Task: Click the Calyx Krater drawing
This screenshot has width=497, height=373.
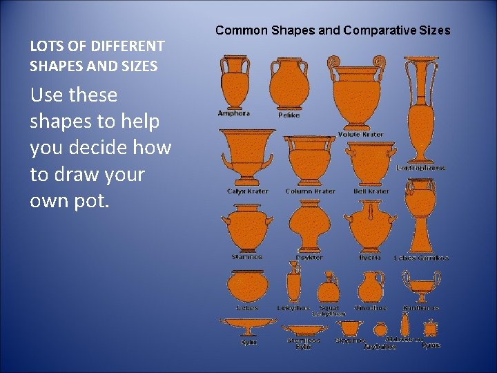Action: [x=246, y=159]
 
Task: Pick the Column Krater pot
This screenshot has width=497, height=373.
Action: [x=310, y=161]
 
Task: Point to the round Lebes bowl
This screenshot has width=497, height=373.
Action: [x=246, y=285]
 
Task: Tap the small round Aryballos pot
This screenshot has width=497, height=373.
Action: [x=380, y=329]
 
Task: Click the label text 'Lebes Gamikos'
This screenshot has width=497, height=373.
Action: [x=421, y=258]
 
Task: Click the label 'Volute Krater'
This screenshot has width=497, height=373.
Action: [x=361, y=134]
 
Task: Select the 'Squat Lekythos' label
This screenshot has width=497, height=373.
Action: [x=329, y=311]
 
